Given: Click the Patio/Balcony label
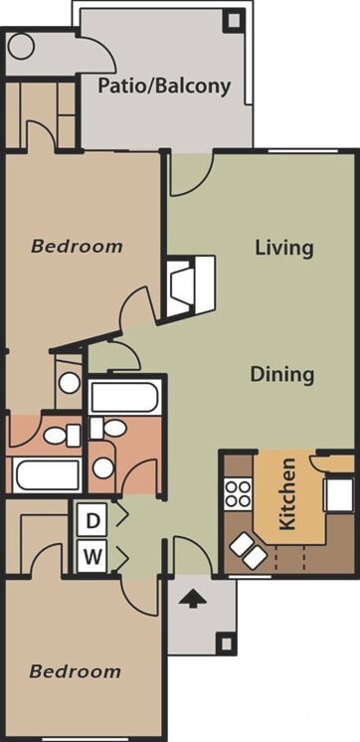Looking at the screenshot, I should (164, 87).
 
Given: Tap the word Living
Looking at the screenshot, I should (283, 248).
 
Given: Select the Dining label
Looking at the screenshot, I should (281, 375).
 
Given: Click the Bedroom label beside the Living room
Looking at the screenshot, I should (77, 246).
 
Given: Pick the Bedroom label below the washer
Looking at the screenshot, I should (75, 671).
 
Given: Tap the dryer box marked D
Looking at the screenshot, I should (92, 519).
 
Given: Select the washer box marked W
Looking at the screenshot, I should (92, 557).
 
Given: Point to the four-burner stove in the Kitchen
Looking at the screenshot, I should (239, 493).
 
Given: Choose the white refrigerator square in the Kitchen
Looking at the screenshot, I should (339, 493).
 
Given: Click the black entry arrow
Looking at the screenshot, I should (195, 599).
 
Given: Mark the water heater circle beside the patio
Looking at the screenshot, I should (21, 47).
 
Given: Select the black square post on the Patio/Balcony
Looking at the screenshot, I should (233, 18).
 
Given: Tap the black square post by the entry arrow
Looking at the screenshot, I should (227, 644).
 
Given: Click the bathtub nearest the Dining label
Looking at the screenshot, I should (124, 398).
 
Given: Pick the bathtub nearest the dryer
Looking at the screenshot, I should (46, 475).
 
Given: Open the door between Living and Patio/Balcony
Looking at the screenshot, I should (190, 171).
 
